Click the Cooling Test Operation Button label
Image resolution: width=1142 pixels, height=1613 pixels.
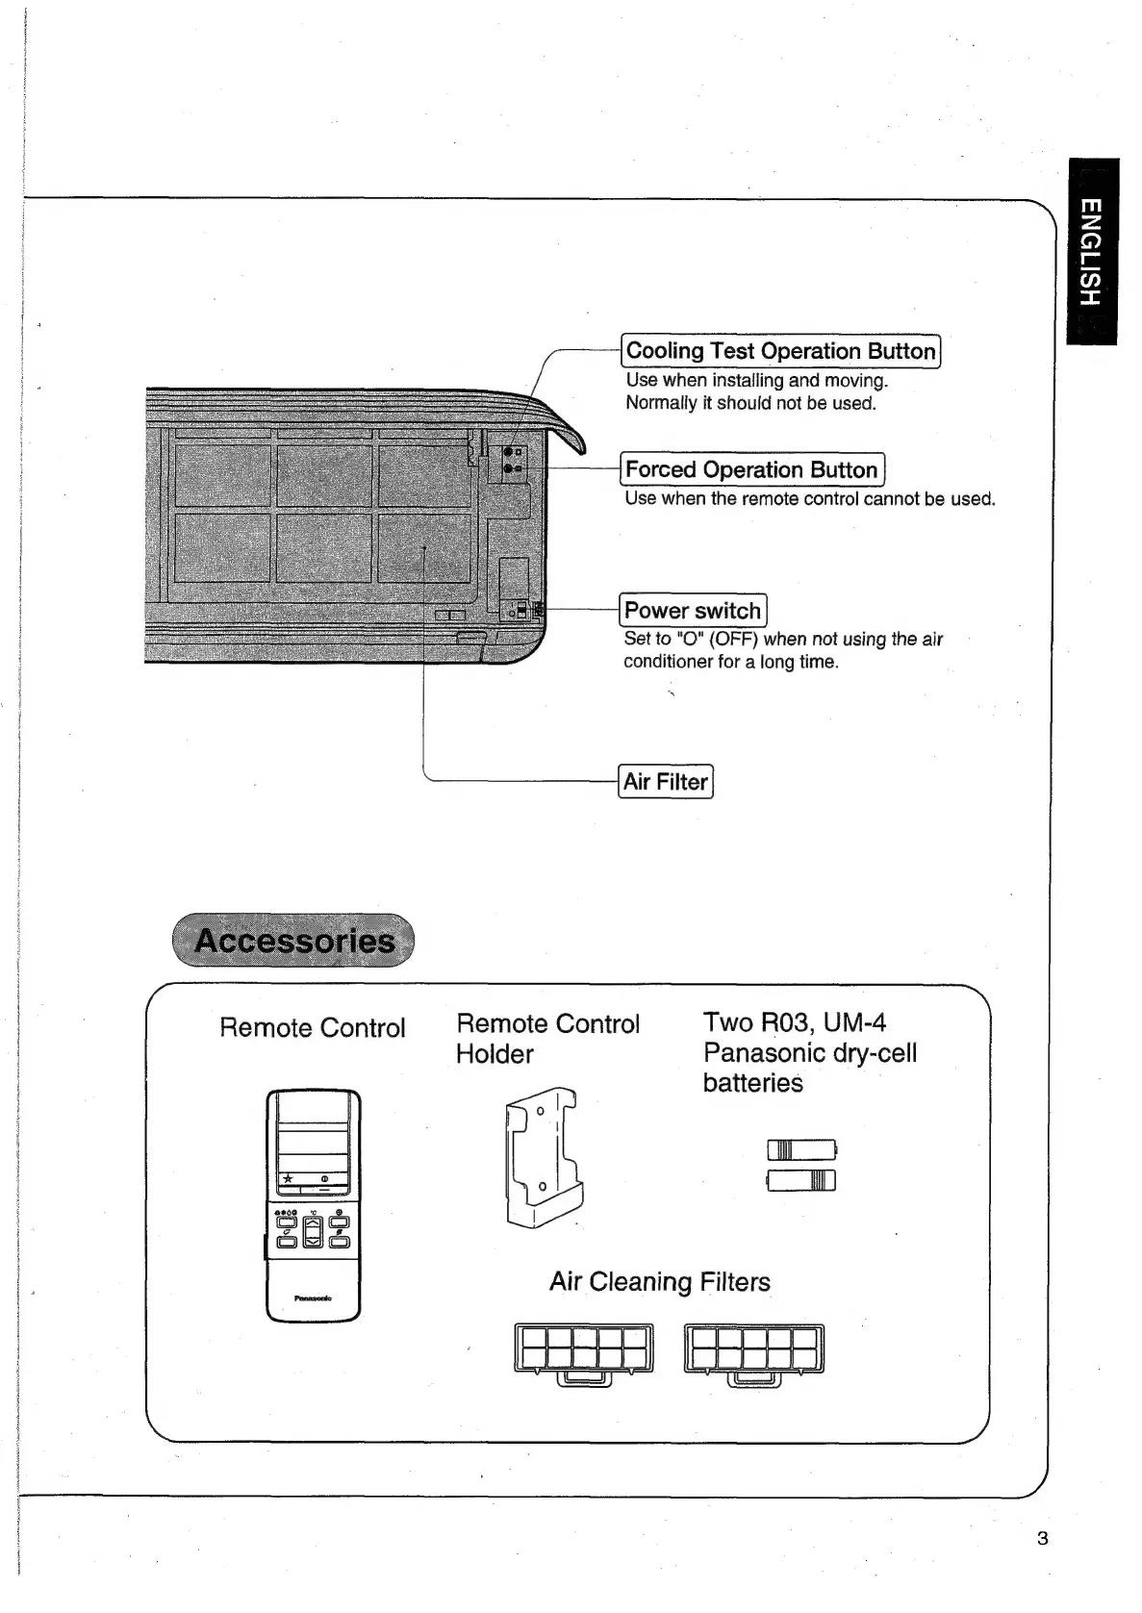pos(780,351)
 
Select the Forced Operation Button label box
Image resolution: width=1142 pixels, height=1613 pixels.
pos(751,469)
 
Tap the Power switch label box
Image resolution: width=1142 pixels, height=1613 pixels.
pos(693,611)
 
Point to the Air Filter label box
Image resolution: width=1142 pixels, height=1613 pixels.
pos(666,782)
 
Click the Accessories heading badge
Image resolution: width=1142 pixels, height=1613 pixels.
pos(293,941)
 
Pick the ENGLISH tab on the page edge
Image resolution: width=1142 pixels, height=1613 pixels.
pos(1091,251)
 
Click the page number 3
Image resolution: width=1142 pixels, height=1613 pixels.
pos(1043,1538)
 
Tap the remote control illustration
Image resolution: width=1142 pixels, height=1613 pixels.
pos(314,1205)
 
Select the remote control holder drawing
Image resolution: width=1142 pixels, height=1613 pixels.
pos(542,1156)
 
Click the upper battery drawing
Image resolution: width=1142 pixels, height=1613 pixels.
pos(801,1149)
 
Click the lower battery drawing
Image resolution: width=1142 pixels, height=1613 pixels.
pos(801,1180)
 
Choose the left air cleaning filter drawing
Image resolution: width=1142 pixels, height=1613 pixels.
pos(584,1352)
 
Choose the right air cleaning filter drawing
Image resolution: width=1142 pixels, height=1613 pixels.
pos(753,1352)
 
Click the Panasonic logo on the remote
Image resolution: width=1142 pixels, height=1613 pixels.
pos(314,1298)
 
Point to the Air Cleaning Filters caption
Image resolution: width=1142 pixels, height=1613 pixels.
pos(660,1282)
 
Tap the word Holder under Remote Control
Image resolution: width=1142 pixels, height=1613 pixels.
pos(495,1054)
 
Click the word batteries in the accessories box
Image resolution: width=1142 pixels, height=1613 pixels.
pos(752,1083)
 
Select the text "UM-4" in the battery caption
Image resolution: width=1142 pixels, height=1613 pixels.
pos(854,1022)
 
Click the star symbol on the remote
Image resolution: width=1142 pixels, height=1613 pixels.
pos(288,1179)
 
